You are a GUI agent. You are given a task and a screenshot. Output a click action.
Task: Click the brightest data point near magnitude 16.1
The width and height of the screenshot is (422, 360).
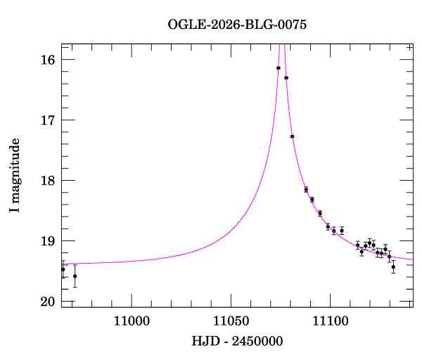[x=279, y=68]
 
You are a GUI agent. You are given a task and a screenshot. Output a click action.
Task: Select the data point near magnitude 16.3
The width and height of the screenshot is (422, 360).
[x=286, y=78]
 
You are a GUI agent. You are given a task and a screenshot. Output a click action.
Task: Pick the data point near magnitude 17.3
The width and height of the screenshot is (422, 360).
[x=292, y=136]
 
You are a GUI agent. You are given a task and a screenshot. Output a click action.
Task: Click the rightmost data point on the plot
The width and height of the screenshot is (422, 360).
[x=393, y=267]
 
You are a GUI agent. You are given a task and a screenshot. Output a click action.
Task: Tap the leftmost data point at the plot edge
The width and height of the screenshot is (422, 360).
[x=63, y=269]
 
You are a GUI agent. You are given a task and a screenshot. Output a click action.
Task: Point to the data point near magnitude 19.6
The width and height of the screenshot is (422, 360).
[x=75, y=276]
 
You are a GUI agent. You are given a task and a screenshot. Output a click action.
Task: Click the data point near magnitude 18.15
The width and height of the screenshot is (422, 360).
[x=306, y=189]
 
